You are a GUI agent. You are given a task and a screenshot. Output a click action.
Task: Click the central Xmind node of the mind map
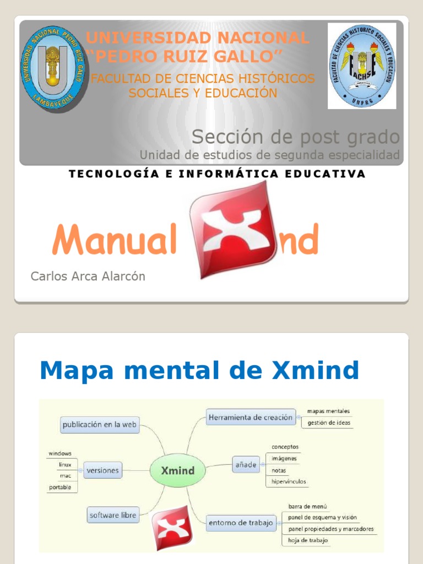(177, 471)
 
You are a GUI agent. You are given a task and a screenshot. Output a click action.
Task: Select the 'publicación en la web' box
(100, 425)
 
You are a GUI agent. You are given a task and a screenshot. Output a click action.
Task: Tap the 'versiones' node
(102, 471)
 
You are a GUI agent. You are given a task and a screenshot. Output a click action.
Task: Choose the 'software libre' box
(113, 515)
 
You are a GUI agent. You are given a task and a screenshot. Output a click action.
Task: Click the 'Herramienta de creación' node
(250, 417)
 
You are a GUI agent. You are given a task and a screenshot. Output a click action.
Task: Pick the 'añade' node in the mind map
(246, 465)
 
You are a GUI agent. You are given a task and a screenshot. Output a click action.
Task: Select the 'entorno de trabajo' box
(241, 523)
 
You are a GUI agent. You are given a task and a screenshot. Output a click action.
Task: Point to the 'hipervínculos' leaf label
(289, 482)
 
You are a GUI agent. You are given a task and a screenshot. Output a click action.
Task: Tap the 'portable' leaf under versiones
(60, 487)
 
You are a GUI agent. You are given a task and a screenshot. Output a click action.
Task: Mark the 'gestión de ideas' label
(329, 423)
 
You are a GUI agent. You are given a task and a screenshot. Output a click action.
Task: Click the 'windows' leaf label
(60, 453)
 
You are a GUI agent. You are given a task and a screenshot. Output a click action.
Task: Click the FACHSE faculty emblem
(361, 66)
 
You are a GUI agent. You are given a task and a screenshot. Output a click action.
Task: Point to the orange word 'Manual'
(114, 241)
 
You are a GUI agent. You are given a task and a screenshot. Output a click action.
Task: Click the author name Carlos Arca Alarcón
(88, 276)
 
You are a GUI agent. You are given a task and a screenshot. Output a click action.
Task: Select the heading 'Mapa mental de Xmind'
(199, 371)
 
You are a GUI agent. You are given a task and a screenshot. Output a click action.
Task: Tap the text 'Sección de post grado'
(295, 137)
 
